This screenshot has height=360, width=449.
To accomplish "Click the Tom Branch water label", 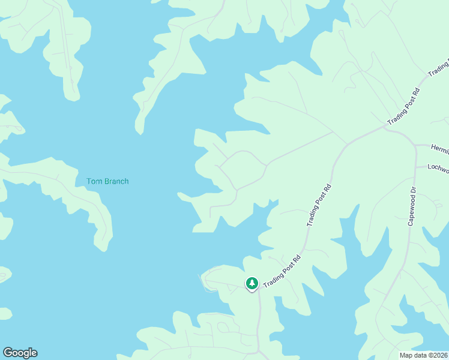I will click(107, 181).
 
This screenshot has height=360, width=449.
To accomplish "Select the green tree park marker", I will click(252, 283).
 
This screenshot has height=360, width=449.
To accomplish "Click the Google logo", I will click(20, 353).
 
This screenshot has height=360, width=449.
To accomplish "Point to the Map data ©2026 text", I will click(423, 355).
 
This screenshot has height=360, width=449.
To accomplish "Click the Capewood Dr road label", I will click(412, 206).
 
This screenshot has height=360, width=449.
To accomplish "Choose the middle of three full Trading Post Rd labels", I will click(319, 205).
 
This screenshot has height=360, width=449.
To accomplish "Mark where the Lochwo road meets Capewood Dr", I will click(415, 167).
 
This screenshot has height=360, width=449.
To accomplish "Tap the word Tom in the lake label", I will click(94, 181).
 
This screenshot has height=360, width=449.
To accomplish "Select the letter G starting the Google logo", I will click(8, 353).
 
